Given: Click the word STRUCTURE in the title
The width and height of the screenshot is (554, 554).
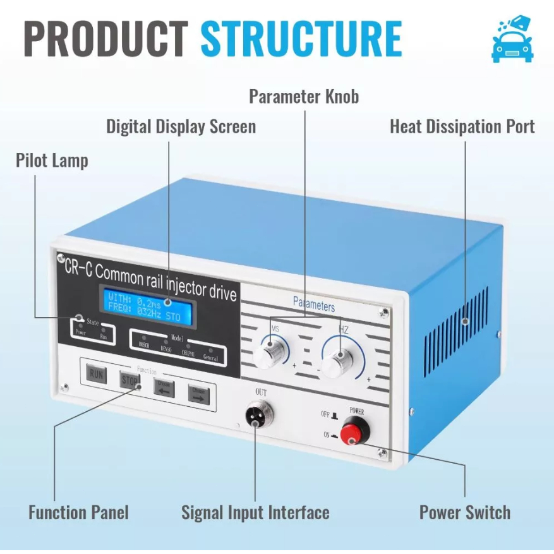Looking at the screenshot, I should [x=301, y=39].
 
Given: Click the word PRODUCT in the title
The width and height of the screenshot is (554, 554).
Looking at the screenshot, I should [x=106, y=39].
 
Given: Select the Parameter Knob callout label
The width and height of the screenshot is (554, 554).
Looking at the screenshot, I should [x=304, y=97].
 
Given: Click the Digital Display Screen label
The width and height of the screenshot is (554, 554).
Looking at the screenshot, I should [x=181, y=126].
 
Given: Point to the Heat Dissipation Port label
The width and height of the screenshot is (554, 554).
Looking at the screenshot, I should [x=462, y=126].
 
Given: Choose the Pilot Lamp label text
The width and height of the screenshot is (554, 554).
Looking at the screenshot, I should [x=52, y=160].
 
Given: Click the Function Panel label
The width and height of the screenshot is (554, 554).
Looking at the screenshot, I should [x=78, y=512].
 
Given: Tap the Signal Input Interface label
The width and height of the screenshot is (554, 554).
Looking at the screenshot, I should [x=255, y=512].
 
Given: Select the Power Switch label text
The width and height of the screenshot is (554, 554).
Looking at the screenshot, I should [x=465, y=512].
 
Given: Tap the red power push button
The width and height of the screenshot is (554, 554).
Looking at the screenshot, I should [x=354, y=434].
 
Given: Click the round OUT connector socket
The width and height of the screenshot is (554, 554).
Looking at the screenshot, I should [x=256, y=416].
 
